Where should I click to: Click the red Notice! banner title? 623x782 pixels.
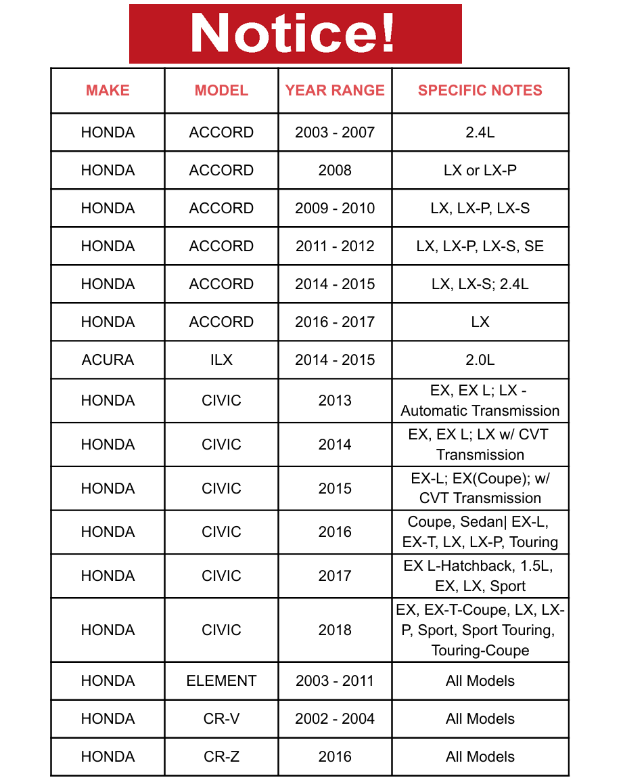pyautogui.click(x=295, y=33)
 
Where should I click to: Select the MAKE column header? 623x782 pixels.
pyautogui.click(x=108, y=91)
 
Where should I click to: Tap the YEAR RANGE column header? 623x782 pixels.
pyautogui.click(x=335, y=91)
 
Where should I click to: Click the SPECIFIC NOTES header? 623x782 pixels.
pyautogui.click(x=480, y=91)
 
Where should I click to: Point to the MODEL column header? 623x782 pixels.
pyautogui.click(x=221, y=91)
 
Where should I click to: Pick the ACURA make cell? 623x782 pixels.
pyautogui.click(x=108, y=360)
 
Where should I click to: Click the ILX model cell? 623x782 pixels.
pyautogui.click(x=221, y=360)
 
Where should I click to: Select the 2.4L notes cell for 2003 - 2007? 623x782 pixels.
pyautogui.click(x=480, y=133)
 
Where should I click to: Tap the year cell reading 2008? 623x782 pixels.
pyautogui.click(x=335, y=171)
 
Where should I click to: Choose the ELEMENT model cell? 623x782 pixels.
pyautogui.click(x=221, y=681)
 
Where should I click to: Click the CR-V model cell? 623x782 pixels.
pyautogui.click(x=221, y=719)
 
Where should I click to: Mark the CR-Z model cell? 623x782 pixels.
pyautogui.click(x=221, y=757)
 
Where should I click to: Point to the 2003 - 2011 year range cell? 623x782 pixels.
pyautogui.click(x=335, y=681)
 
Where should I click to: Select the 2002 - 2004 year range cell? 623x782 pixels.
pyautogui.click(x=335, y=719)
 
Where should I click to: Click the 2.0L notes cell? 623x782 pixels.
pyautogui.click(x=480, y=360)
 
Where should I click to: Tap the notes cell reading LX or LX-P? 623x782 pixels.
pyautogui.click(x=480, y=171)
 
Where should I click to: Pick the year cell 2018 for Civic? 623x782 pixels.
pyautogui.click(x=335, y=630)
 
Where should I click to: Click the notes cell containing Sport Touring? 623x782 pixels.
pyautogui.click(x=480, y=630)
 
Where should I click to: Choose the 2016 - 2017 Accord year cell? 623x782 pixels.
pyautogui.click(x=335, y=322)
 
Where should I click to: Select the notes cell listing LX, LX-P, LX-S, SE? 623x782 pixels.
pyautogui.click(x=480, y=246)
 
